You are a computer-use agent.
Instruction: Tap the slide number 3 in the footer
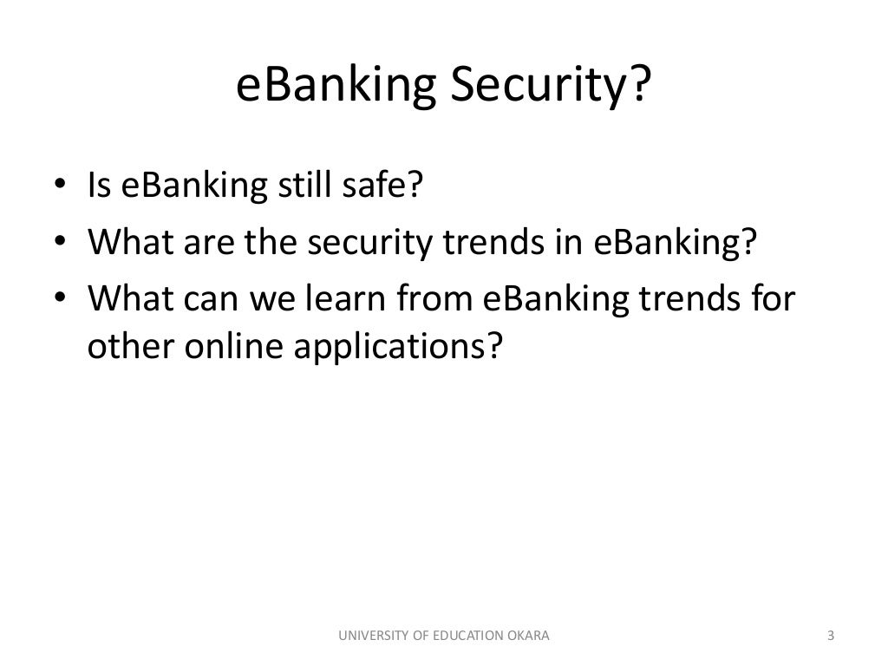(831, 637)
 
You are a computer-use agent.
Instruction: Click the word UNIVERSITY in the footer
(369, 637)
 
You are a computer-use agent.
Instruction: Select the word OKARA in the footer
(528, 637)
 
